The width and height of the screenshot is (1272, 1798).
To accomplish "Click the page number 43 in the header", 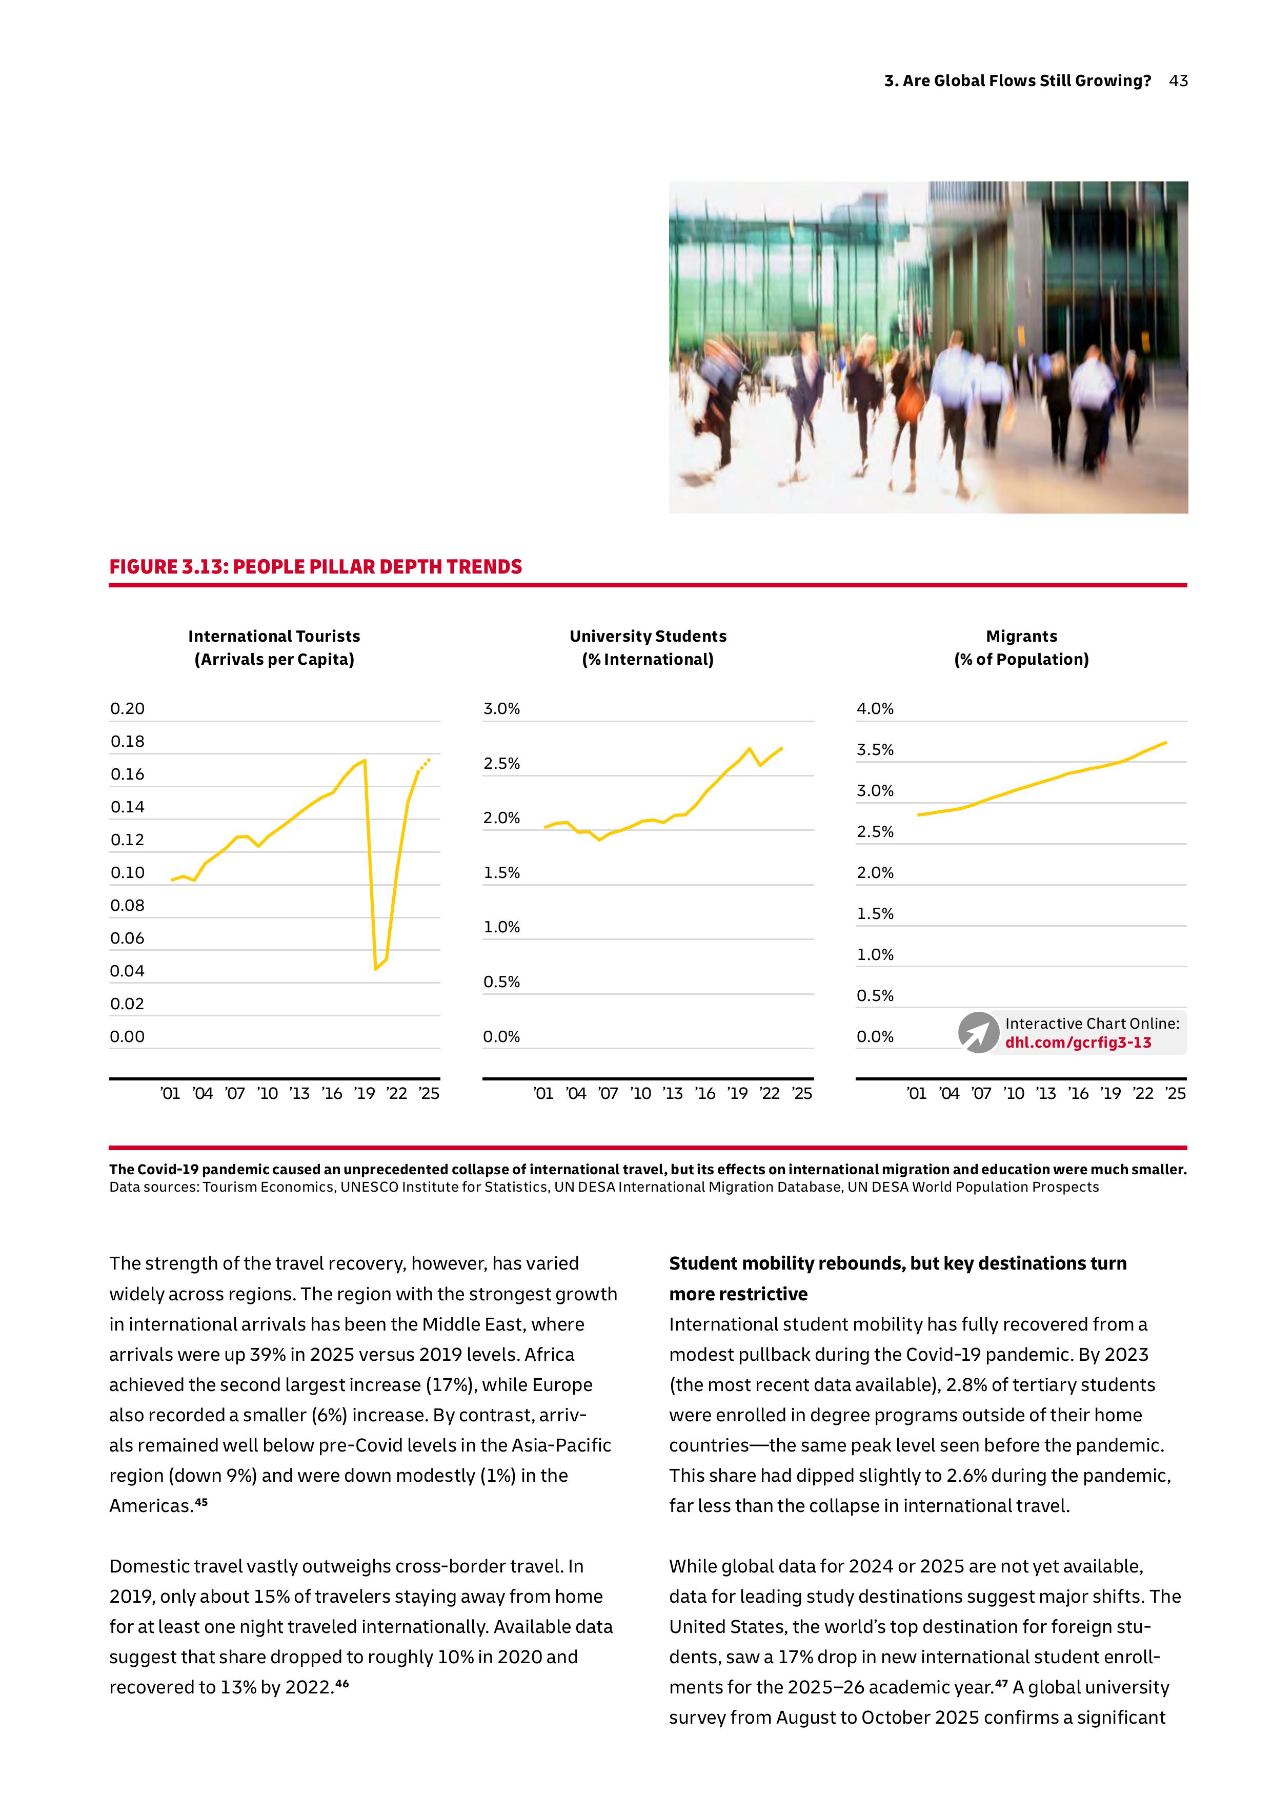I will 1178,80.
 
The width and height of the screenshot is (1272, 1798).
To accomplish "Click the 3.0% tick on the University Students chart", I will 501,709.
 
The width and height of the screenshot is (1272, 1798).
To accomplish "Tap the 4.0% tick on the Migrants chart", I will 875,709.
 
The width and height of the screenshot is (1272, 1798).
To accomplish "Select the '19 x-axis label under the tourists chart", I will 364,1093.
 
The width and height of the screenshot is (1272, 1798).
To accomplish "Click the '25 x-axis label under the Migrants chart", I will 1175,1093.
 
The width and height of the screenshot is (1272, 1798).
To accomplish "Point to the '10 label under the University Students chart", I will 641,1093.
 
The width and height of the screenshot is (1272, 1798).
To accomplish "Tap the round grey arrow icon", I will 978,1032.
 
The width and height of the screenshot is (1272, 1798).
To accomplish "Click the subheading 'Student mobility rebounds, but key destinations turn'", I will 898,1263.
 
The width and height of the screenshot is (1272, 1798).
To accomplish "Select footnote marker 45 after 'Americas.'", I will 201,1502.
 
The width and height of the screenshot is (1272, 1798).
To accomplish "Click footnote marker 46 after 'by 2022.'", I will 342,1683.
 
